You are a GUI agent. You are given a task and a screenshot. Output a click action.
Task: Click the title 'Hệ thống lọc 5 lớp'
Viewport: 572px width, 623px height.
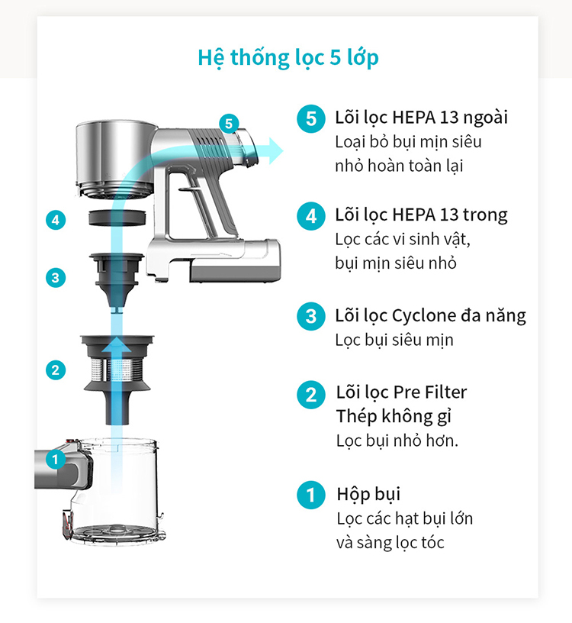[288, 58]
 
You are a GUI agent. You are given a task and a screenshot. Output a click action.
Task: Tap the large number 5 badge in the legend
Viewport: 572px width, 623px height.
[311, 118]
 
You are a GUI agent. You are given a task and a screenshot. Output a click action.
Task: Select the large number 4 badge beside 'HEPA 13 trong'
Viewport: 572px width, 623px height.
[311, 216]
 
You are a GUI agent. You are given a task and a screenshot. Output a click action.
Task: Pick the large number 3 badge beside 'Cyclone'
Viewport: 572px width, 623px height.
[311, 316]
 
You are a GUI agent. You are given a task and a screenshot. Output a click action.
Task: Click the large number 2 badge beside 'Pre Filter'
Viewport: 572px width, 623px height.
[311, 395]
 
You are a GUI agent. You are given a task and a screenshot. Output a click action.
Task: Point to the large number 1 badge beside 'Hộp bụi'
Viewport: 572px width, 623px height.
[311, 495]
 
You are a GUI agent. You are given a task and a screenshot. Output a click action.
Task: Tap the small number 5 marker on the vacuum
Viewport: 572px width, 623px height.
[229, 124]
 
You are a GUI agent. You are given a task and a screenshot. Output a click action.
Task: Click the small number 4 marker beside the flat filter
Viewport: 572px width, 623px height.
[56, 220]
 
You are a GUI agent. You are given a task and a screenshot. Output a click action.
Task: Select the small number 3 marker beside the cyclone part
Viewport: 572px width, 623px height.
[56, 278]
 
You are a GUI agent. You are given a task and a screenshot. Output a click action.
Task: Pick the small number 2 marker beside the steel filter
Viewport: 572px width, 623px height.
[56, 370]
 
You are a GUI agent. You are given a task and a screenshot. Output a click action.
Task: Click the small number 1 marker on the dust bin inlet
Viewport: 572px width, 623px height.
[56, 460]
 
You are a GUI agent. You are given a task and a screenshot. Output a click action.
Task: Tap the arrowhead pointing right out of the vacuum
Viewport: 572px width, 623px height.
[276, 151]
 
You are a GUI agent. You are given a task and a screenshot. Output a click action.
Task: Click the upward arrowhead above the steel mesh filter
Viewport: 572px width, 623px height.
[117, 344]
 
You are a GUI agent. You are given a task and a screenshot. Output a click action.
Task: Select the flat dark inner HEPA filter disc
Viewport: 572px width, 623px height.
[117, 218]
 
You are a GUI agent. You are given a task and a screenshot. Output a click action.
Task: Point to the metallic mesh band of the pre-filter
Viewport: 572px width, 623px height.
[117, 370]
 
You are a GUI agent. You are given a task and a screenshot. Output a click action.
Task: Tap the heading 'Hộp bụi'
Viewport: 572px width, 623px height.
[368, 495]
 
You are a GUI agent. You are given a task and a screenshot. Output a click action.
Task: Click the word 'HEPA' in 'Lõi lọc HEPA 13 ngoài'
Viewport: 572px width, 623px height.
[413, 118]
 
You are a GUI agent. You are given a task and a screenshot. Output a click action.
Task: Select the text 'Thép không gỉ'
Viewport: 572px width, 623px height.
[394, 417]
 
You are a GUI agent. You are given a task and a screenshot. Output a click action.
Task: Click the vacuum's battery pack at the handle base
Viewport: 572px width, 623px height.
[236, 261]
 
